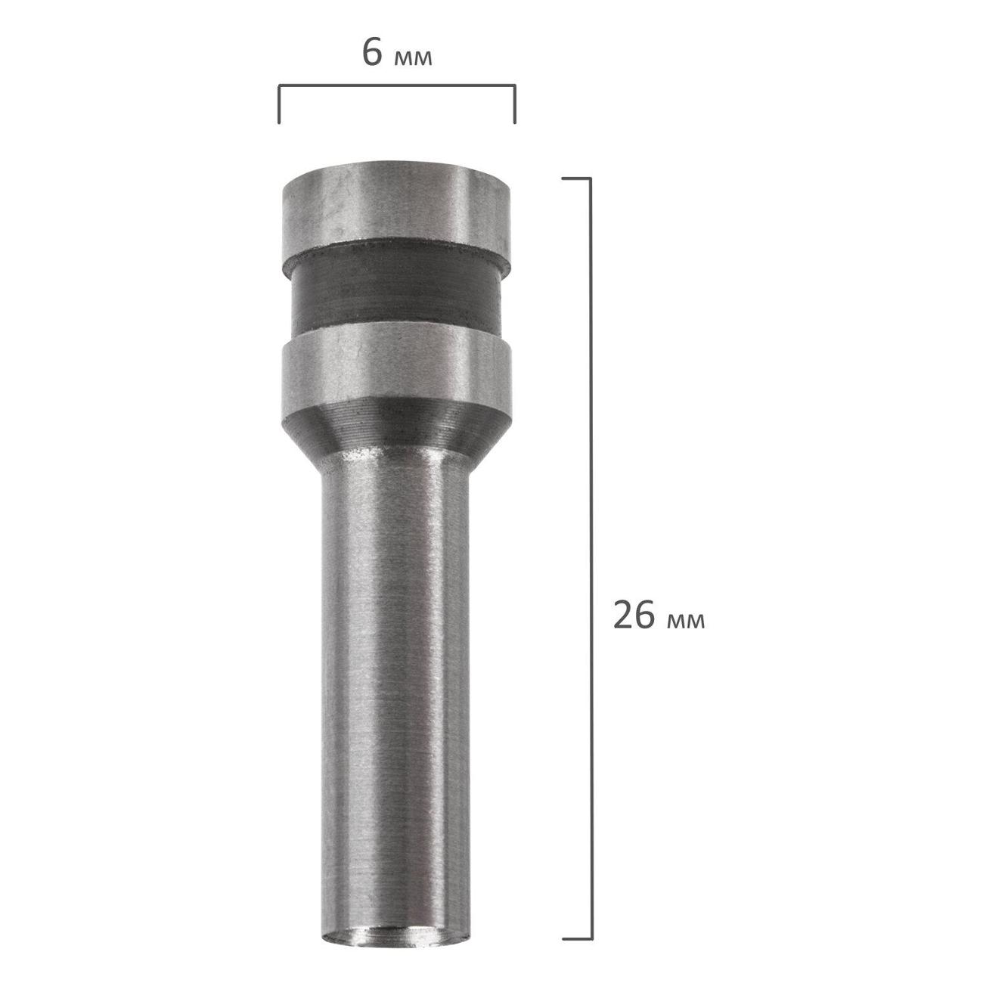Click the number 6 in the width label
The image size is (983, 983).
tap(372, 52)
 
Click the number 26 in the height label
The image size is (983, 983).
tap(634, 615)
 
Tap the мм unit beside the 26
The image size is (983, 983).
tap(686, 622)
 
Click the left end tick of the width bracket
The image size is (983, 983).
tap(279, 104)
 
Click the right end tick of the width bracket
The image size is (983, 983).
tap(515, 104)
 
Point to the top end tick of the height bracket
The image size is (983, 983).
tap(576, 178)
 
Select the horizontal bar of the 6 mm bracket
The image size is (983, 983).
tap(397, 86)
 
